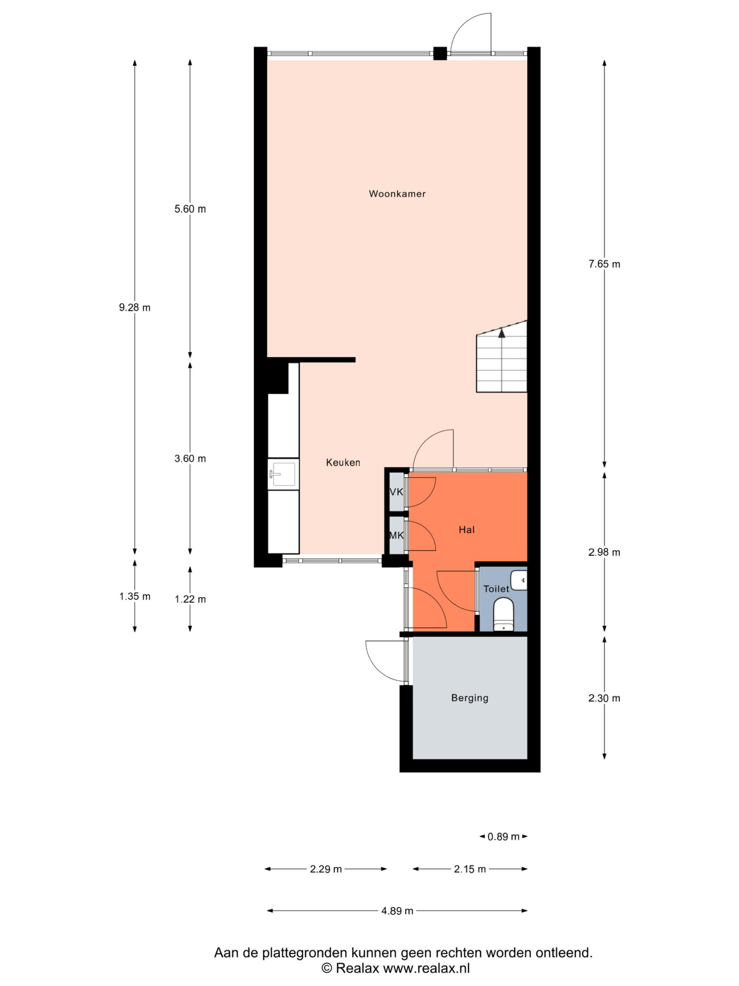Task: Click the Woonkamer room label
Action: (397, 193)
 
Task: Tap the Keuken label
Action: (343, 462)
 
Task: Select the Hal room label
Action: (466, 530)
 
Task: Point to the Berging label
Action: (470, 698)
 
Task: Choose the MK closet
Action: (396, 535)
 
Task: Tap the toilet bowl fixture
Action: (504, 614)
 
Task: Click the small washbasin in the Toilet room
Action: (519, 580)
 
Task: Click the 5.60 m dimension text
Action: (190, 209)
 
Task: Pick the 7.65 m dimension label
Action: (604, 264)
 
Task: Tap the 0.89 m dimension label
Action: (503, 837)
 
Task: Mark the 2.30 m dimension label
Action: (604, 698)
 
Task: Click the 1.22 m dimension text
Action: (190, 599)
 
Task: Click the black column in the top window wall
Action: (440, 54)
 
